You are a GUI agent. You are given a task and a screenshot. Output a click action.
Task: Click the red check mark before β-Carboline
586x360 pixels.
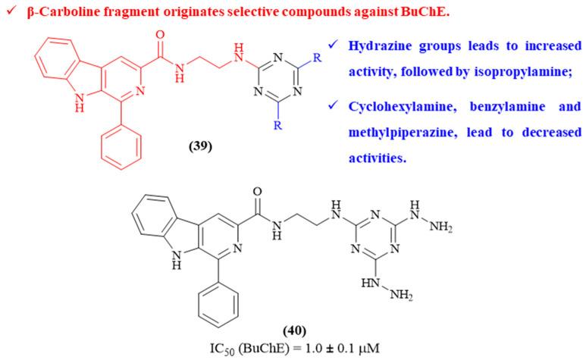tap(8, 11)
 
